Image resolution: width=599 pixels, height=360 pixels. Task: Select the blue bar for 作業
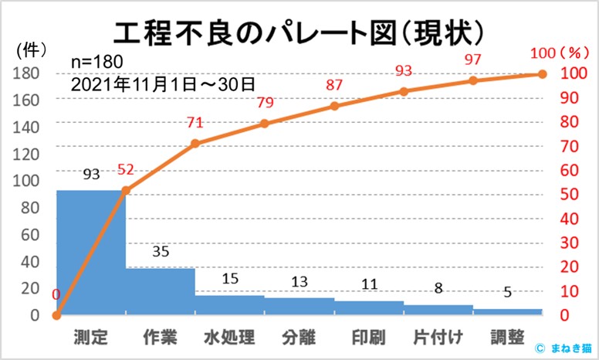[160, 291]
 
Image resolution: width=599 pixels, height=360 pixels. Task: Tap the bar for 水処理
[229, 305]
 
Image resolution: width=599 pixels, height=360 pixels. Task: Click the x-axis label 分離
[299, 338]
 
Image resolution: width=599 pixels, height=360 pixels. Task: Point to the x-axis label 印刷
[368, 338]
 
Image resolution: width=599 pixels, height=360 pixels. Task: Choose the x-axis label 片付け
[438, 338]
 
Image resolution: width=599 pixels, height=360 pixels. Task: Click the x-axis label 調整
[507, 338]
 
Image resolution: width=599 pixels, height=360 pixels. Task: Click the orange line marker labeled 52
[126, 190]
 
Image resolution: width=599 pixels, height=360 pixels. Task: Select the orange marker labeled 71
[195, 144]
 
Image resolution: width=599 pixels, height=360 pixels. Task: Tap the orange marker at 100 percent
[542, 74]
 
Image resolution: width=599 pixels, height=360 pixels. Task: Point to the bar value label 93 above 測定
[91, 175]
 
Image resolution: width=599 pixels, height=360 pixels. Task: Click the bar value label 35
[160, 252]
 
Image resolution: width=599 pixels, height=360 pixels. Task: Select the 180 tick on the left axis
[29, 74]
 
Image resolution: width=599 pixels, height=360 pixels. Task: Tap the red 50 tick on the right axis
[567, 195]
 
